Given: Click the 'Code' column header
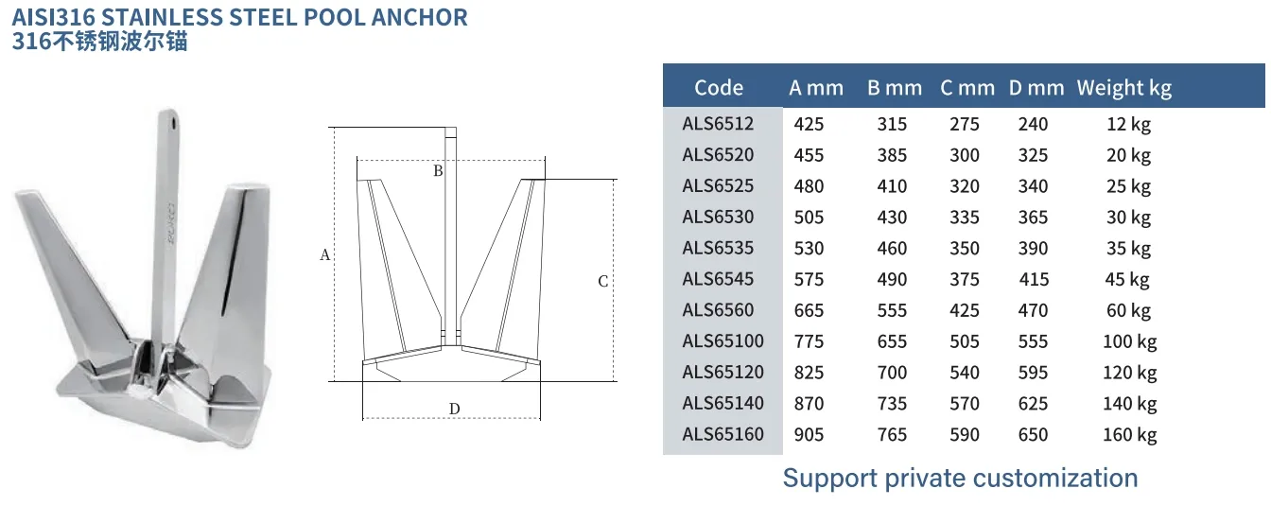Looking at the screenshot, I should (718, 88).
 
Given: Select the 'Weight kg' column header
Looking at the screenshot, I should (1123, 88).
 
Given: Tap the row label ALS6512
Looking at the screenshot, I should (718, 124).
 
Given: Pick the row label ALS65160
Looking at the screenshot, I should (723, 434).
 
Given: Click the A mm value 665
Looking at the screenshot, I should (809, 310).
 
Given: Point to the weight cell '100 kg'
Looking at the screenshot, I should (1129, 341).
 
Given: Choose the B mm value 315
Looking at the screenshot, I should (892, 124).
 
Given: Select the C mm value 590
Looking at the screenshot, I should (965, 434).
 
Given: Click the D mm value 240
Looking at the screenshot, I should (1033, 124).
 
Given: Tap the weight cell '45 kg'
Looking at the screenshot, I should (1127, 279).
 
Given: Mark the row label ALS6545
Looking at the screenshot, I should (718, 279).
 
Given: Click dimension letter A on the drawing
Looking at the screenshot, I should (324, 255).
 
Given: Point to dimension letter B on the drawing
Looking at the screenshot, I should (438, 171).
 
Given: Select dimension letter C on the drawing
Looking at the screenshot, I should (602, 281).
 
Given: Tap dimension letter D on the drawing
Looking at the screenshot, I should (454, 409).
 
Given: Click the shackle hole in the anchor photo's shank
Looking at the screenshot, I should (174, 120).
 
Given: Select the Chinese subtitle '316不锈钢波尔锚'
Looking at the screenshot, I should (99, 42).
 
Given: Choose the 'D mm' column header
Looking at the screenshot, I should (1036, 88).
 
